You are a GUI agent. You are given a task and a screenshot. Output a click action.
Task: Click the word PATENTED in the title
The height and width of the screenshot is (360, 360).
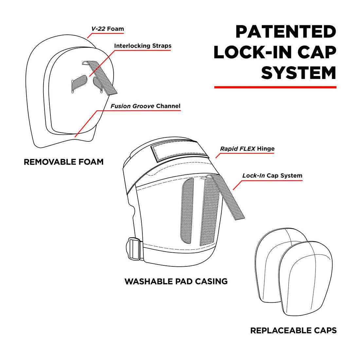pyautogui.click(x=285, y=32)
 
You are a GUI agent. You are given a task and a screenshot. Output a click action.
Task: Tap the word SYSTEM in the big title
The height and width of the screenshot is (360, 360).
pyautogui.click(x=298, y=73)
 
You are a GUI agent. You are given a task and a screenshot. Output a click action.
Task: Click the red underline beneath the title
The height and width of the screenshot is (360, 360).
pyautogui.click(x=275, y=87)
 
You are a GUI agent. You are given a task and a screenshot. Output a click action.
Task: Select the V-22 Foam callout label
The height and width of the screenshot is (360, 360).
pyautogui.click(x=107, y=29)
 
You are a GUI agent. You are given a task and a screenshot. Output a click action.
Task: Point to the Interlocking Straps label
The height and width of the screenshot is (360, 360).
pyautogui.click(x=143, y=46)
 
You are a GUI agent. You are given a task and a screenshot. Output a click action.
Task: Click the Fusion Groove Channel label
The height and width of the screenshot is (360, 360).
pyautogui.click(x=145, y=106)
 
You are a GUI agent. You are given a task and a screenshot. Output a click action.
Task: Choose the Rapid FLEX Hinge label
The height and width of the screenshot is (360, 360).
pyautogui.click(x=247, y=149)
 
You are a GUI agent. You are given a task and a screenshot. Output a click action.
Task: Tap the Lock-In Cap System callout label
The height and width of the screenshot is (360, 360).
pyautogui.click(x=272, y=175)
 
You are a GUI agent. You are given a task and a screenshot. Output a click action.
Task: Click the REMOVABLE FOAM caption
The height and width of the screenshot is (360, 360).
pyautogui.click(x=63, y=162)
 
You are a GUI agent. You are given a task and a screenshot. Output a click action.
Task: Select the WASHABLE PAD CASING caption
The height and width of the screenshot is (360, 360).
pyautogui.click(x=176, y=281)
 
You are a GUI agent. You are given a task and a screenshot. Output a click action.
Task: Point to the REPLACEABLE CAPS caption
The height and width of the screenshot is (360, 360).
pyautogui.click(x=293, y=331)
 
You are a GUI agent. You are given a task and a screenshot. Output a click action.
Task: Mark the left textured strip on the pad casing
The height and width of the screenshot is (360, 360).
pyautogui.click(x=187, y=211)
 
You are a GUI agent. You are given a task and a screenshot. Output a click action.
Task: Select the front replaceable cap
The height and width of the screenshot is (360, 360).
pyautogui.click(x=305, y=278)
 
